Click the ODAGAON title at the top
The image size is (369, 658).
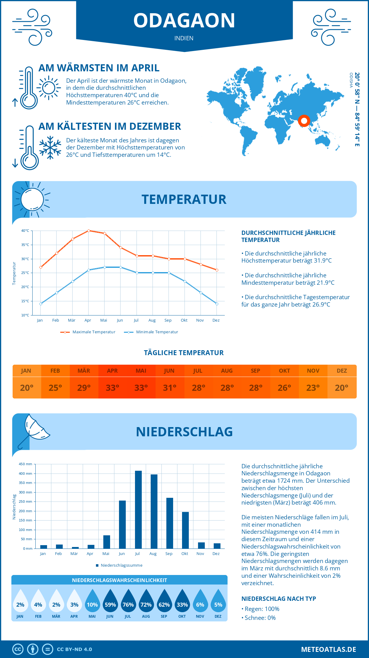pos(184,21)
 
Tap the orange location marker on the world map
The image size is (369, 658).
pos(304,121)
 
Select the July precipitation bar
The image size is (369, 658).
pos(138,509)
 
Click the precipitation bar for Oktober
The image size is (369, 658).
pos(185,530)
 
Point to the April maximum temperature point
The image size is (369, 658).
pos(89,231)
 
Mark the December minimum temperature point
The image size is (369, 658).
pos(217,304)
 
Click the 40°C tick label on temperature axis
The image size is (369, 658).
pos(25,231)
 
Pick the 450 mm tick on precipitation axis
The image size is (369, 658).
pos(26,464)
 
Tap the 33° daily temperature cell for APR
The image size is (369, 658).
pos(113,388)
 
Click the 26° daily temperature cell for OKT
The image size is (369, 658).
pos(284,388)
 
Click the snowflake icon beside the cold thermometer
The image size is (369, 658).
pos(50,147)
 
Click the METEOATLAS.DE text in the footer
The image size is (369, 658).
pos(328,649)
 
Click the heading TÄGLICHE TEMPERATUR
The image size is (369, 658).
pos(184,353)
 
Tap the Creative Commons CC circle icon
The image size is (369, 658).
pos(18,649)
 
